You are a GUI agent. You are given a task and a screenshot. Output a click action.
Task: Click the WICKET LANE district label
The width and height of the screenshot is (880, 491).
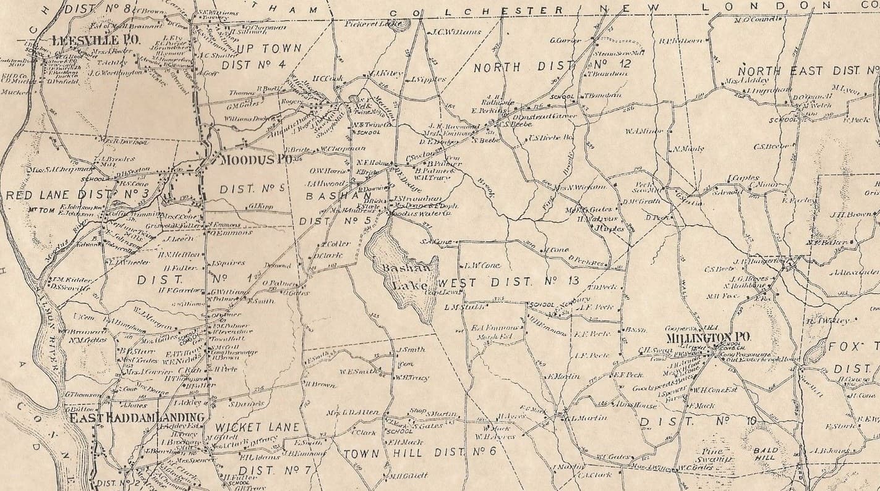[257, 427]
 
